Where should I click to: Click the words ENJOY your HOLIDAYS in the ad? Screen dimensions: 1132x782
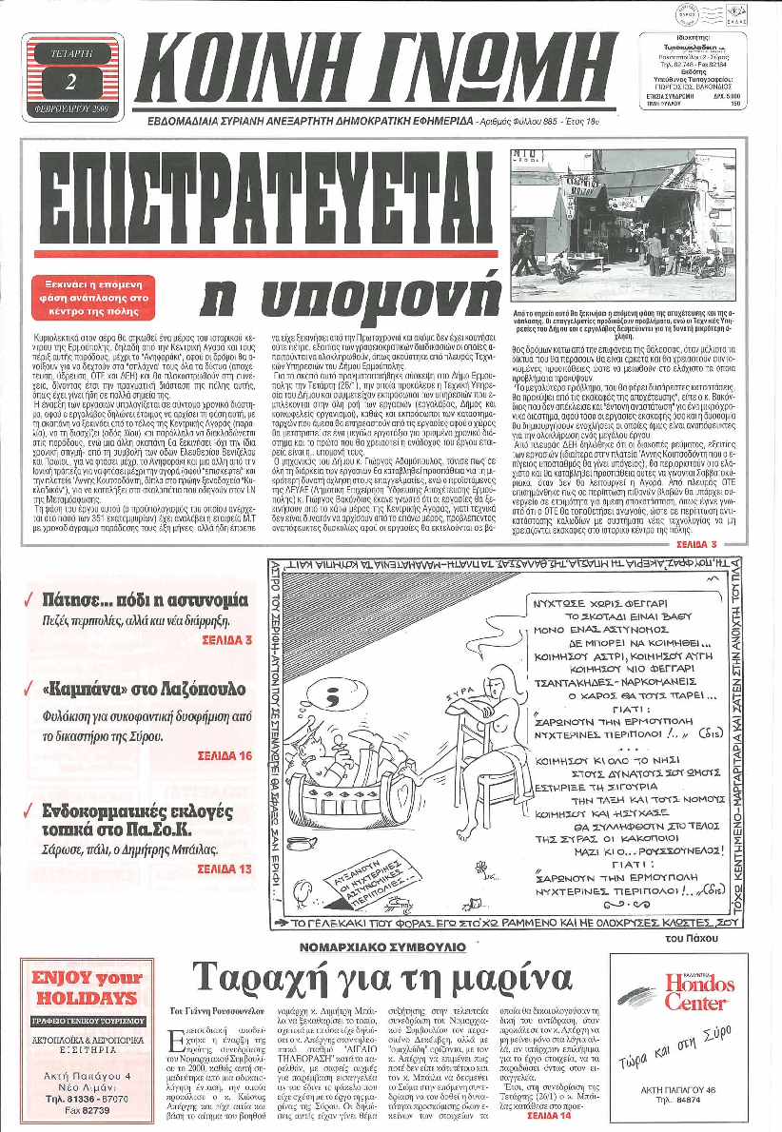tap(85, 987)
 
